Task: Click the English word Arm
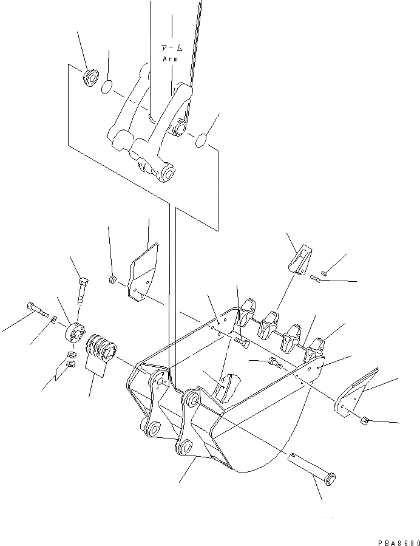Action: coord(170,59)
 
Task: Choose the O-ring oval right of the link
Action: coord(201,142)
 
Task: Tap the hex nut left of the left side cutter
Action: coord(112,279)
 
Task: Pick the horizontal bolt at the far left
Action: coord(36,309)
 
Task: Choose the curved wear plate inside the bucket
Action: coord(225,389)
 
